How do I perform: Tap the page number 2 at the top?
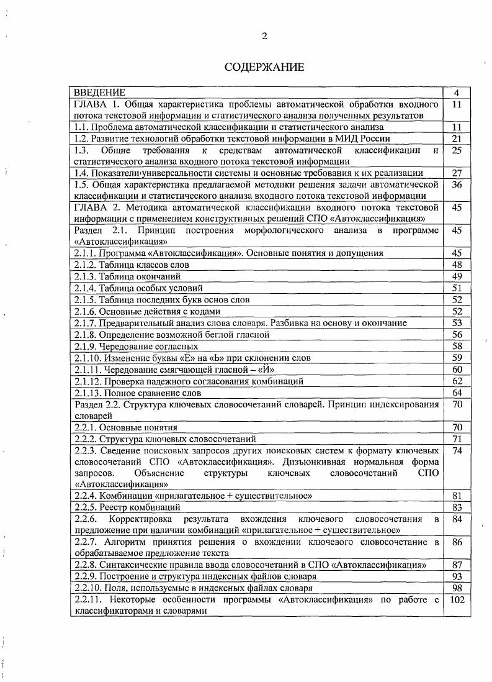(x=264, y=36)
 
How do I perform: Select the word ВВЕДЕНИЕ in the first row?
(x=100, y=93)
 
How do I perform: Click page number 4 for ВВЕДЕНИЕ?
(x=457, y=93)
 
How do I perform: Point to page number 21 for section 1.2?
(x=457, y=139)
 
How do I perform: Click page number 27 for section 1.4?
(x=457, y=173)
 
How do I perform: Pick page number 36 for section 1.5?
(x=457, y=184)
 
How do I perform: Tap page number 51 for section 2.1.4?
(x=457, y=288)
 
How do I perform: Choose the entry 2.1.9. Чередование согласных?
(x=136, y=346)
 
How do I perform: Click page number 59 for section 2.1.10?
(x=457, y=358)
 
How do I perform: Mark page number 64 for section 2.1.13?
(x=457, y=393)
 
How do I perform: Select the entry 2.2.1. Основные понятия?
(x=125, y=427)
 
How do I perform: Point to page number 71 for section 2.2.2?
(x=457, y=439)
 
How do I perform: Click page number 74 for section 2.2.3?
(x=457, y=451)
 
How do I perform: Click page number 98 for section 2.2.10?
(x=457, y=588)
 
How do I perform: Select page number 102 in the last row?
(x=457, y=600)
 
